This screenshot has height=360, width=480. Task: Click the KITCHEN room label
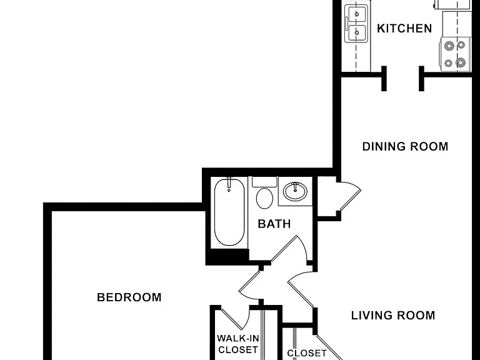pyautogui.click(x=404, y=29)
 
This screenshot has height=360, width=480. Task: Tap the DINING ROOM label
pyautogui.click(x=405, y=147)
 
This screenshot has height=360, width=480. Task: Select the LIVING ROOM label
pyautogui.click(x=393, y=315)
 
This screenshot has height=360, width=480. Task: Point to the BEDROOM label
pyautogui.click(x=129, y=297)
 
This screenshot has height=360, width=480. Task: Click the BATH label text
pyautogui.click(x=274, y=224)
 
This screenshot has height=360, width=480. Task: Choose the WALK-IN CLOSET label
pyautogui.click(x=238, y=344)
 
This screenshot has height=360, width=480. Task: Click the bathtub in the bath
pyautogui.click(x=229, y=212)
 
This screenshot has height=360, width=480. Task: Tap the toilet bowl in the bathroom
pyautogui.click(x=264, y=198)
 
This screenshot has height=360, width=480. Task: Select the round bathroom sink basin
pyautogui.click(x=295, y=192)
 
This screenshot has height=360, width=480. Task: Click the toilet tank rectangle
pyautogui.click(x=264, y=182)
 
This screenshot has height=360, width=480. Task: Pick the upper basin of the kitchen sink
pyautogui.click(x=357, y=14)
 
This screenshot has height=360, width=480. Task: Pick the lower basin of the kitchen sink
pyautogui.click(x=357, y=32)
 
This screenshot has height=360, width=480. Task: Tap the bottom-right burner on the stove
pyautogui.click(x=461, y=62)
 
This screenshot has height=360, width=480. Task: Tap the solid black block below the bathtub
pyautogui.click(x=227, y=256)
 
